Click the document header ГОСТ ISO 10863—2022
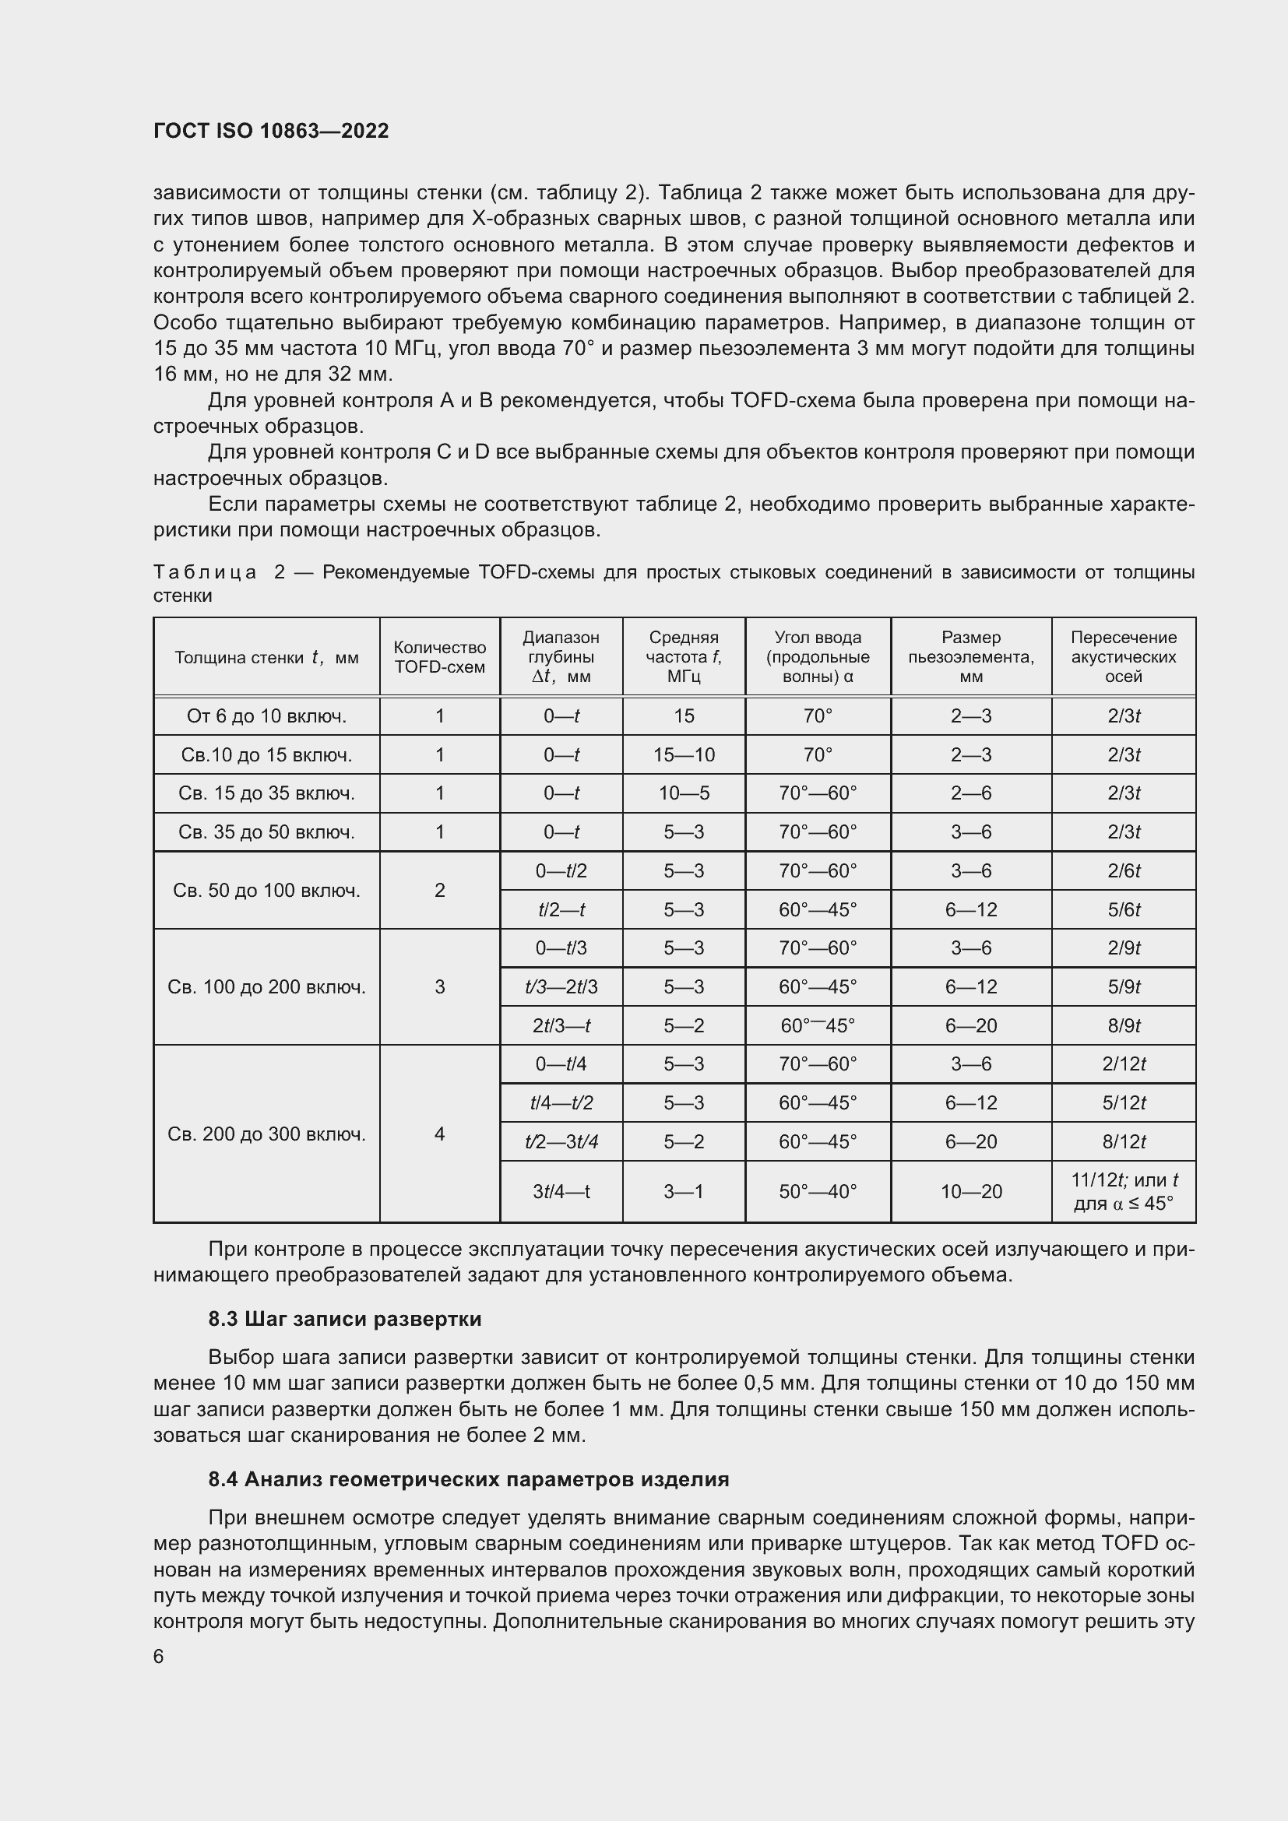tap(270, 131)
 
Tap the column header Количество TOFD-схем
tap(439, 657)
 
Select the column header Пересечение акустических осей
tap(1123, 657)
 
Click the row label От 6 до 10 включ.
tap(266, 716)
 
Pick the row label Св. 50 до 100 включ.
tap(266, 890)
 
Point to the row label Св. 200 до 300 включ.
tap(266, 1134)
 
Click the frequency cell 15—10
tap(684, 755)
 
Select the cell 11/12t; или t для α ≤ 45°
tap(1123, 1191)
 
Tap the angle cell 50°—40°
tap(818, 1191)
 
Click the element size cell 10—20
tap(971, 1191)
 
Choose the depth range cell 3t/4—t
tap(561, 1191)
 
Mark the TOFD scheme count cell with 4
tap(439, 1134)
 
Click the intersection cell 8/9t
tap(1123, 1025)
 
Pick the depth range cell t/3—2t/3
tap(561, 986)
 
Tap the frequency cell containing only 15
tap(684, 716)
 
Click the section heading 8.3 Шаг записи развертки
tap(345, 1319)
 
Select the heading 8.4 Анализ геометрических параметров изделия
tap(468, 1479)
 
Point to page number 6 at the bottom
tap(159, 1657)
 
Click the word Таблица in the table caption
tap(205, 572)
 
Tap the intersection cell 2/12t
tap(1123, 1064)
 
